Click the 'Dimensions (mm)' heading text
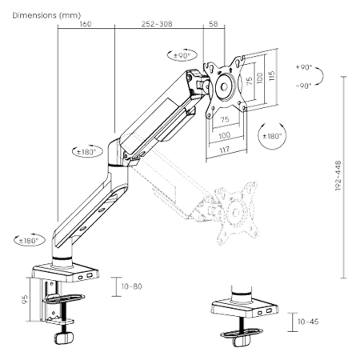[46, 15]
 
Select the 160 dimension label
[86, 24]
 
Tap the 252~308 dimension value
[157, 24]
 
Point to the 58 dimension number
[214, 24]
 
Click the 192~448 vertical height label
[338, 175]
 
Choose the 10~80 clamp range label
[132, 286]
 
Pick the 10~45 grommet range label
[308, 322]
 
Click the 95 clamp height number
[25, 299]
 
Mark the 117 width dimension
[224, 150]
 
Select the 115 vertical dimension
[271, 76]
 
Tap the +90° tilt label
[304, 67]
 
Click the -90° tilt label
[304, 86]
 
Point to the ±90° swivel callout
[182, 55]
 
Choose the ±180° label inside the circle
[272, 136]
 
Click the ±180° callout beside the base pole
[29, 241]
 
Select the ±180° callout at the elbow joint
[88, 152]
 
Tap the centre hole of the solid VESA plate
[224, 86]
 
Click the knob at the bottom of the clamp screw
[64, 338]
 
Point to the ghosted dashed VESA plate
[236, 212]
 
